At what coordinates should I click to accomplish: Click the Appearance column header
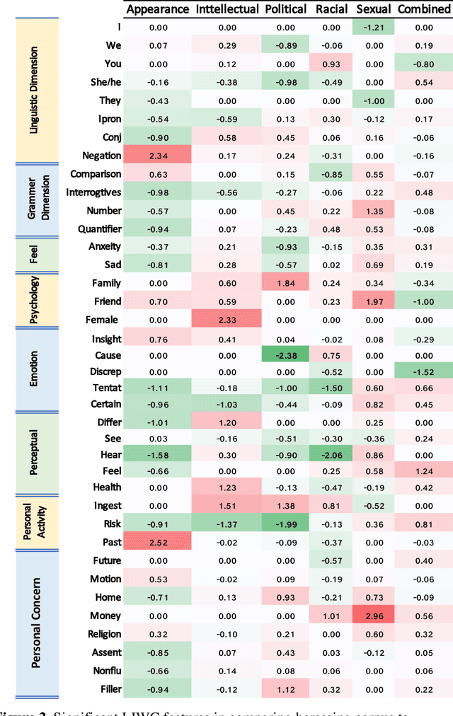(x=157, y=9)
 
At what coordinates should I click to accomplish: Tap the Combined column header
(x=423, y=9)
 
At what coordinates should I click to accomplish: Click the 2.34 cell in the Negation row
(x=156, y=156)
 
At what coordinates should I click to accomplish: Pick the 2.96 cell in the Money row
(x=373, y=616)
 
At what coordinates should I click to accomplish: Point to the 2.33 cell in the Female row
(x=226, y=319)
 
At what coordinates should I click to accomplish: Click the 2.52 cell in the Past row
(x=156, y=542)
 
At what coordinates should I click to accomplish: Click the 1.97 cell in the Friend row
(x=373, y=301)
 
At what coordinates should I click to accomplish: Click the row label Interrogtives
(x=93, y=192)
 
